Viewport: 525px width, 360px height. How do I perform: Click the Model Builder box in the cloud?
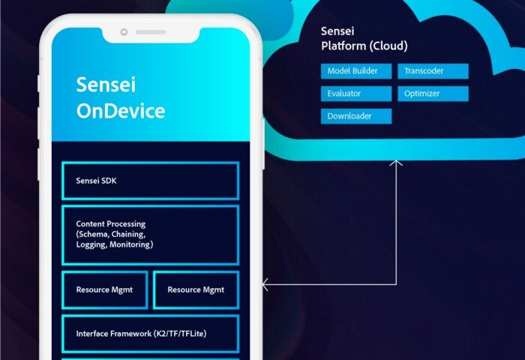click(356, 71)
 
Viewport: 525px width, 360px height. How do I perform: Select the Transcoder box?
click(433, 71)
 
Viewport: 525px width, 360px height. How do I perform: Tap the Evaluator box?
click(356, 94)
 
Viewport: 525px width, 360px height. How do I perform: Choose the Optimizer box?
click(433, 94)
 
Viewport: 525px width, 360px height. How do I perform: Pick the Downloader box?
click(356, 116)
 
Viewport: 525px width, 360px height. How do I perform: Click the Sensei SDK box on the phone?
click(150, 181)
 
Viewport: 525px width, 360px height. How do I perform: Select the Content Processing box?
click(150, 235)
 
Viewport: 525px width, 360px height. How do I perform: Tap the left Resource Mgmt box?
click(105, 290)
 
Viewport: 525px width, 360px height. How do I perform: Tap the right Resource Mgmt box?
click(196, 290)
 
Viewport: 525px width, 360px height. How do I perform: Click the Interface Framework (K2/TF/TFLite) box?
click(150, 334)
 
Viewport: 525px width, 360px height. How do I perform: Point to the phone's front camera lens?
click(124, 32)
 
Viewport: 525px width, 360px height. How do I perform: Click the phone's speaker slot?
click(151, 32)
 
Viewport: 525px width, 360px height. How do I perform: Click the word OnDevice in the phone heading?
click(121, 111)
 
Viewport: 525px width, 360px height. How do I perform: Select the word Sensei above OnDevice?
click(106, 85)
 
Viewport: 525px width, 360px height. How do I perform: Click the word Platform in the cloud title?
click(343, 46)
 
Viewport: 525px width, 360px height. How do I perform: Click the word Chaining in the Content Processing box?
click(128, 235)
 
